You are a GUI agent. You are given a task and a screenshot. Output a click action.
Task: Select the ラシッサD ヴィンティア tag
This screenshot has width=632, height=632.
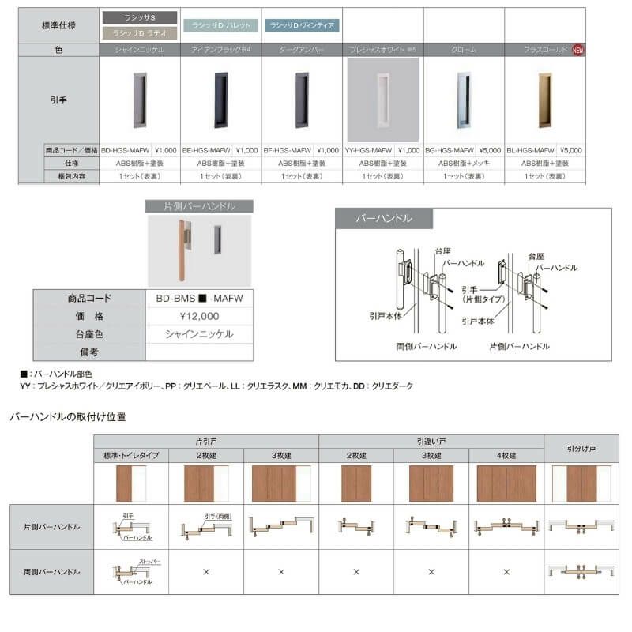pos(302,25)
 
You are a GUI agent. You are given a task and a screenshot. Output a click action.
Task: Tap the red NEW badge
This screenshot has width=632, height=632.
pos(577,49)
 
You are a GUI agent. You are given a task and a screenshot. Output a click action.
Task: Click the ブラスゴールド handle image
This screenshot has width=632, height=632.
pos(545,100)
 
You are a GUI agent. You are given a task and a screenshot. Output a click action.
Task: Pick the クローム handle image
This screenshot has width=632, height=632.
pos(465,100)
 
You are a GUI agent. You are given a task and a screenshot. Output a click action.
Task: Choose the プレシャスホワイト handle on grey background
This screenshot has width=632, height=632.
pos(383,100)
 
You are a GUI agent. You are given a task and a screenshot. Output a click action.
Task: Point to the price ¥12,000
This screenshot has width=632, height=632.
pos(199,316)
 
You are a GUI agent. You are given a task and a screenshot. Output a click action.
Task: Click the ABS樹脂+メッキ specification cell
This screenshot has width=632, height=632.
pos(465,163)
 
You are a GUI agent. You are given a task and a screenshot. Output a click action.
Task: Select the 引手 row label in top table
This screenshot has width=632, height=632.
pos(59,100)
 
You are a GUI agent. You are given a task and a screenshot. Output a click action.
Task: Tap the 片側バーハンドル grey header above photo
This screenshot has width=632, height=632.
pos(199,206)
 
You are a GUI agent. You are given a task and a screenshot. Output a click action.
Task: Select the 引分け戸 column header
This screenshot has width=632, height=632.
pos(581,448)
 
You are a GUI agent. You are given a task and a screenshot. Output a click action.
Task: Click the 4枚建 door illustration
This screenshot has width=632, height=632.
pos(506,483)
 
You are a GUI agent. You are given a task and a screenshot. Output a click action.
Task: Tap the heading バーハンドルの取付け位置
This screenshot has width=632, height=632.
pos(68,416)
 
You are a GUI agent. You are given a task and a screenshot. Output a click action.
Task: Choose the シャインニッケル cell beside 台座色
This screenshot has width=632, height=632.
pos(199,334)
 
